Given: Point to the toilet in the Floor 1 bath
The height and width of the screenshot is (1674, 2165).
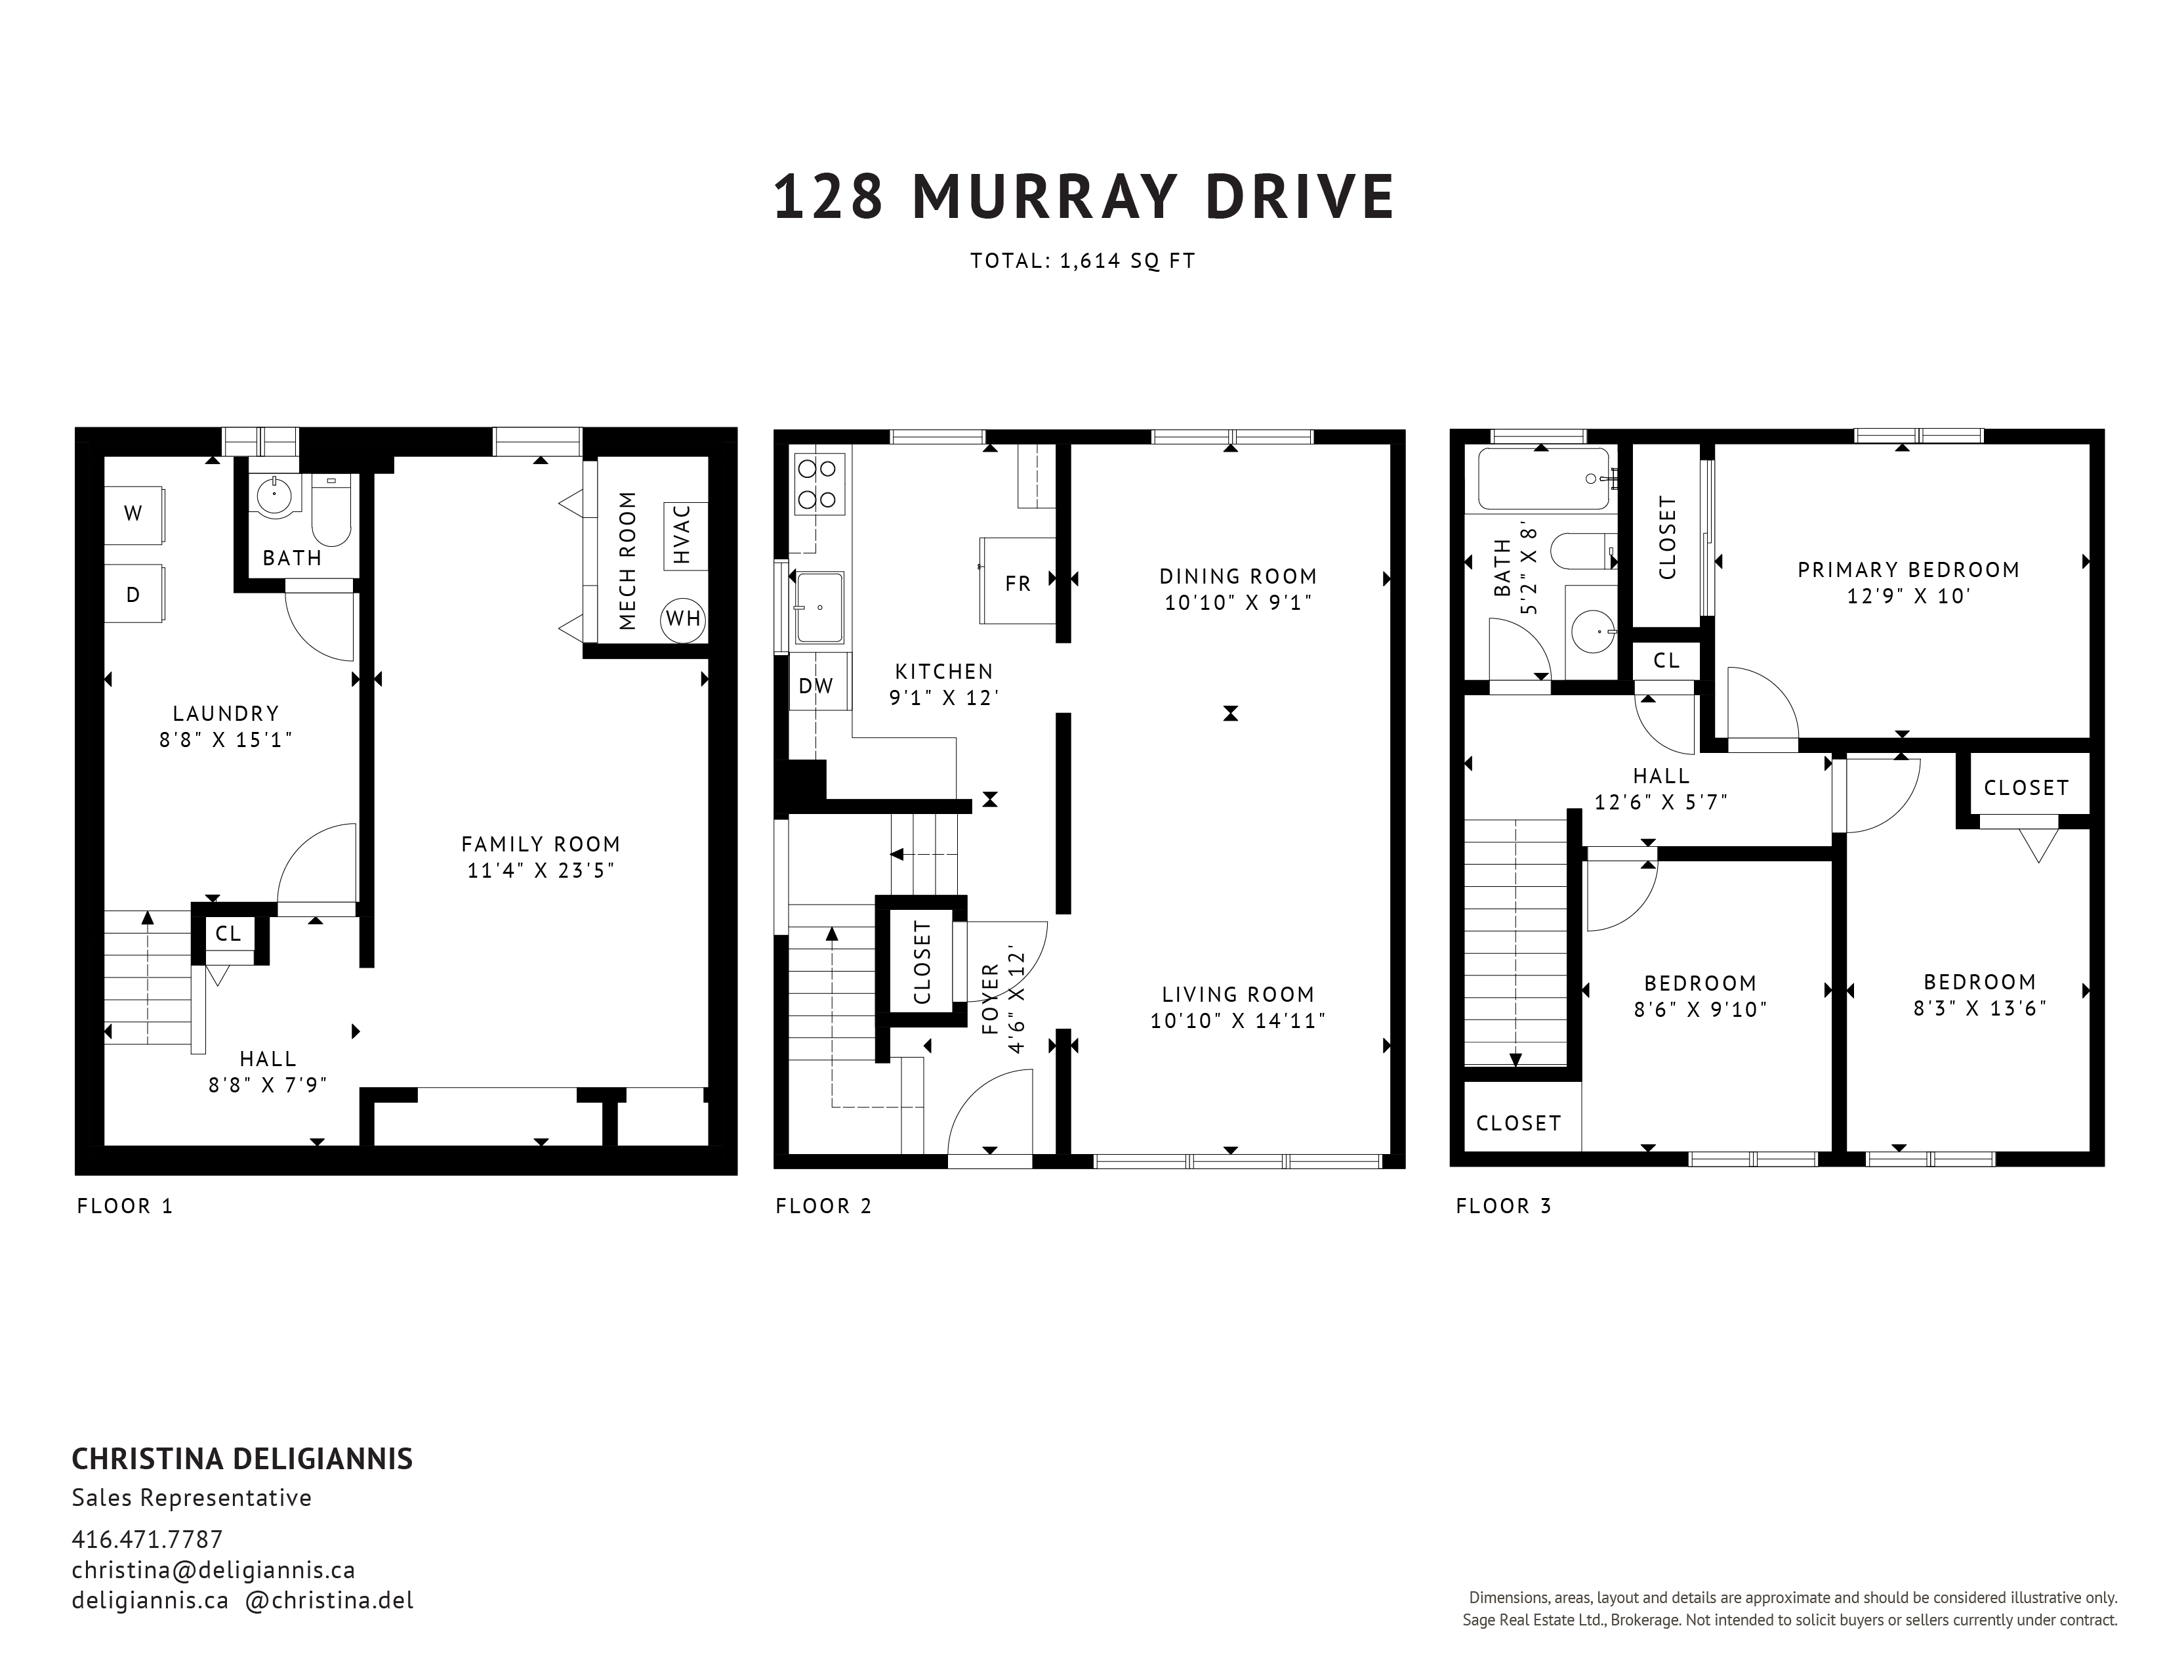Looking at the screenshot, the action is (x=331, y=509).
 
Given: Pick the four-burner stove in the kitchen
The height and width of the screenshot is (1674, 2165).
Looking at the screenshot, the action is (x=819, y=484).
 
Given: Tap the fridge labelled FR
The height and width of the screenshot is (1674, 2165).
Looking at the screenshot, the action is (x=1017, y=581).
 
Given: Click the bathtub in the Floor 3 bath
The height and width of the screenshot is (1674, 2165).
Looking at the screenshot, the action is (x=1546, y=479).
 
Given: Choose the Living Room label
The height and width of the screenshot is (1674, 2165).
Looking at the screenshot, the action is (x=1238, y=995).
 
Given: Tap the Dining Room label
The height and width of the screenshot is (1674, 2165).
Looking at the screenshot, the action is (x=1238, y=576).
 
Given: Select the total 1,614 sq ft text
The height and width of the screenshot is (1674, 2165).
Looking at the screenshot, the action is (x=1084, y=261).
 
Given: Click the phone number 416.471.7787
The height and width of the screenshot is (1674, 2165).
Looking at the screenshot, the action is (x=148, y=1539).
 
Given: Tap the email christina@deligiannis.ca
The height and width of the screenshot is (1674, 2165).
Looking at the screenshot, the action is (x=213, y=1570).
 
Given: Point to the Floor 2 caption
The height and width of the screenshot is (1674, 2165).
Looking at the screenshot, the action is (x=824, y=1206).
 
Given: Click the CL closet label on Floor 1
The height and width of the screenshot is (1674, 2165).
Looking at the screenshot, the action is (x=228, y=934).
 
